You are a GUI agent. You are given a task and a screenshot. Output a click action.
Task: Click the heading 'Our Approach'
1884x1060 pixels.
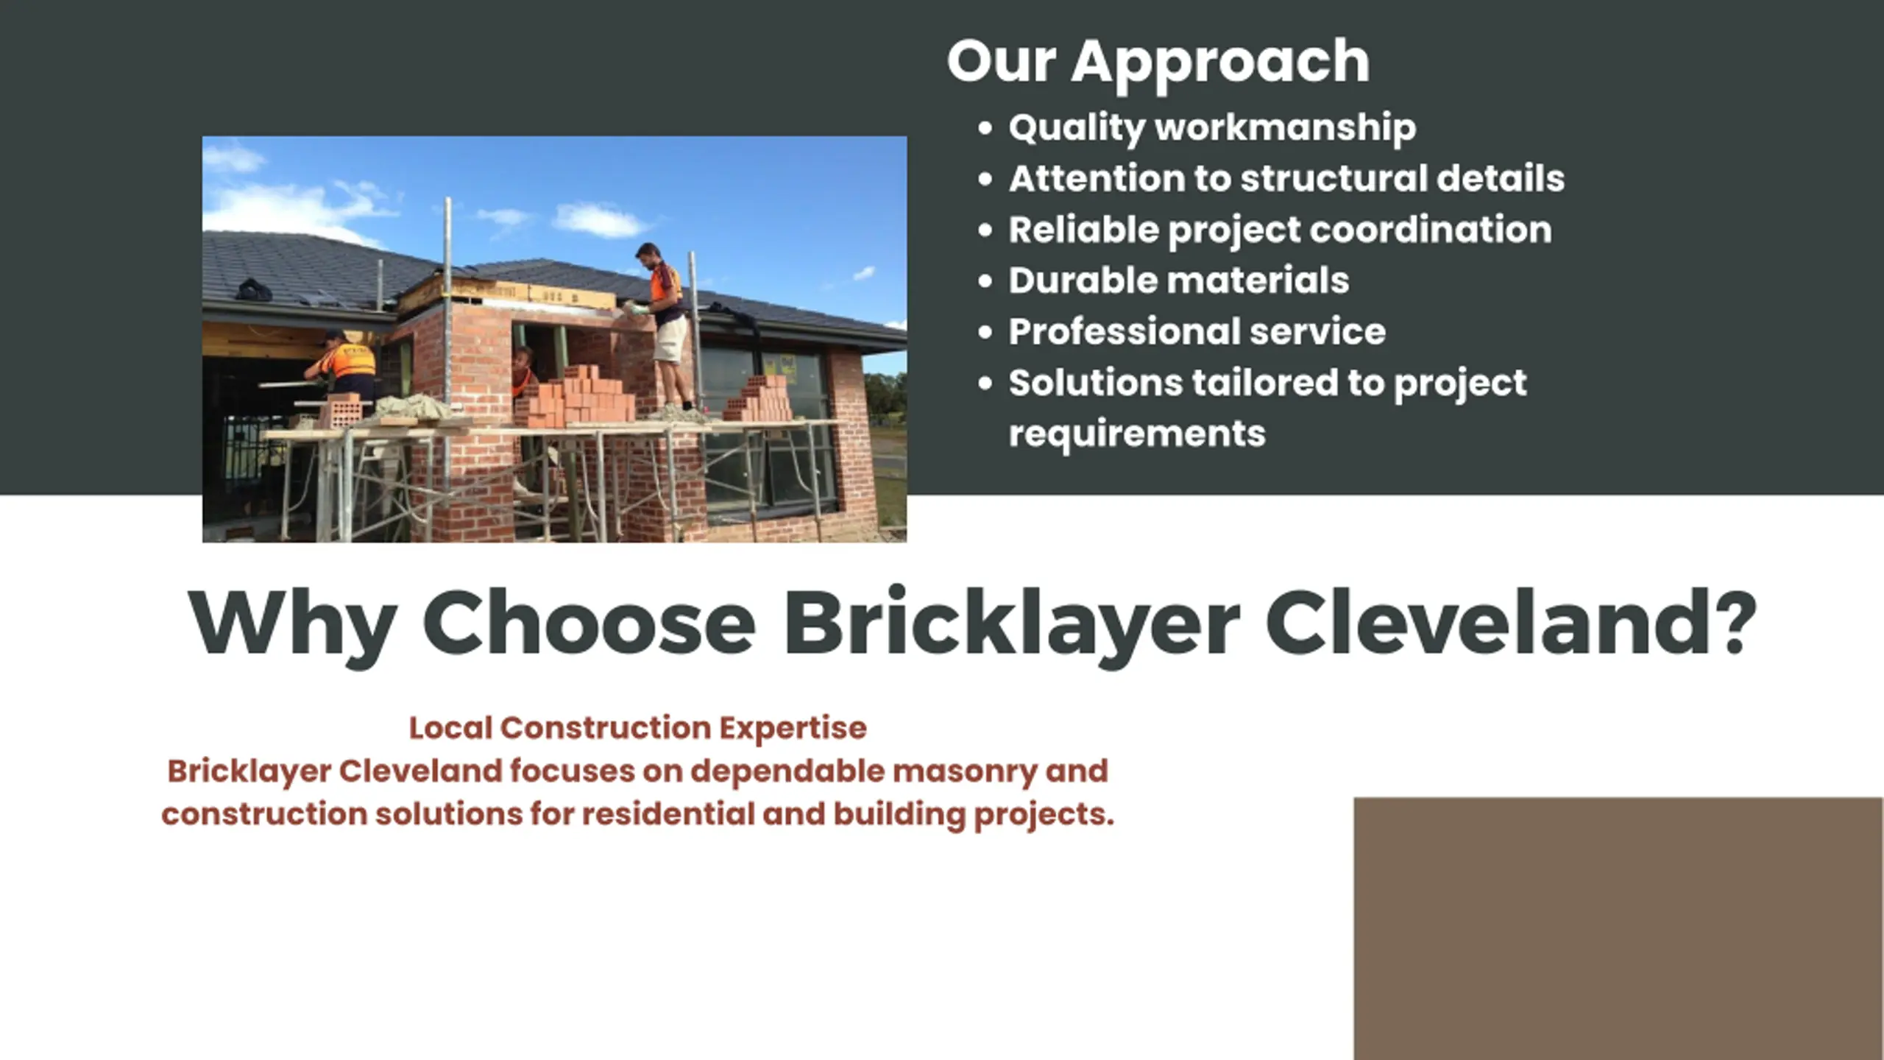click(x=1158, y=63)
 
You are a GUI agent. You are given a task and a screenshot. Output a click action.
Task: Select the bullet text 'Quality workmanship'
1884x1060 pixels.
click(x=1212, y=128)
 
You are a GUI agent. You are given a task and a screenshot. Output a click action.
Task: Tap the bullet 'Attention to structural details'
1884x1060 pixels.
click(x=1286, y=178)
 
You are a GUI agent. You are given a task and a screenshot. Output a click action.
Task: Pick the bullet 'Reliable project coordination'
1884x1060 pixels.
click(x=1280, y=230)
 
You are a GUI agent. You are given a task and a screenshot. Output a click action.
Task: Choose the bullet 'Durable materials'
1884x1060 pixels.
click(x=1179, y=280)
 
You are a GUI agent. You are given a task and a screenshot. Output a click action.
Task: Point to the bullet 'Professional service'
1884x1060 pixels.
click(x=1197, y=331)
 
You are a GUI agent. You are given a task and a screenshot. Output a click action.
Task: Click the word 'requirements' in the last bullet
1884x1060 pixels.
click(x=1137, y=434)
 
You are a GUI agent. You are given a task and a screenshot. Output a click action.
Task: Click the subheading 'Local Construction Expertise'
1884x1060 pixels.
click(x=638, y=728)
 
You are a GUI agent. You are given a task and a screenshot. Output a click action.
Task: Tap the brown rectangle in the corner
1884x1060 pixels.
click(x=1618, y=928)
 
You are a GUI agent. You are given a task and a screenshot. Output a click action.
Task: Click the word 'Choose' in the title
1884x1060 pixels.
click(x=589, y=623)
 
